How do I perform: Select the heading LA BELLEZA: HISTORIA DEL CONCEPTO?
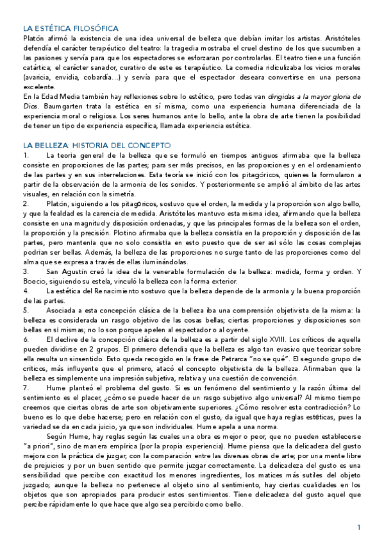(x=96, y=146)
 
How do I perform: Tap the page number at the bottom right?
(x=360, y=527)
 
